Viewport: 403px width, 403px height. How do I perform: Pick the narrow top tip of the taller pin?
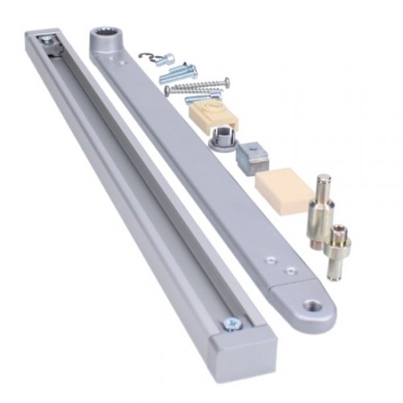(321, 180)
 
